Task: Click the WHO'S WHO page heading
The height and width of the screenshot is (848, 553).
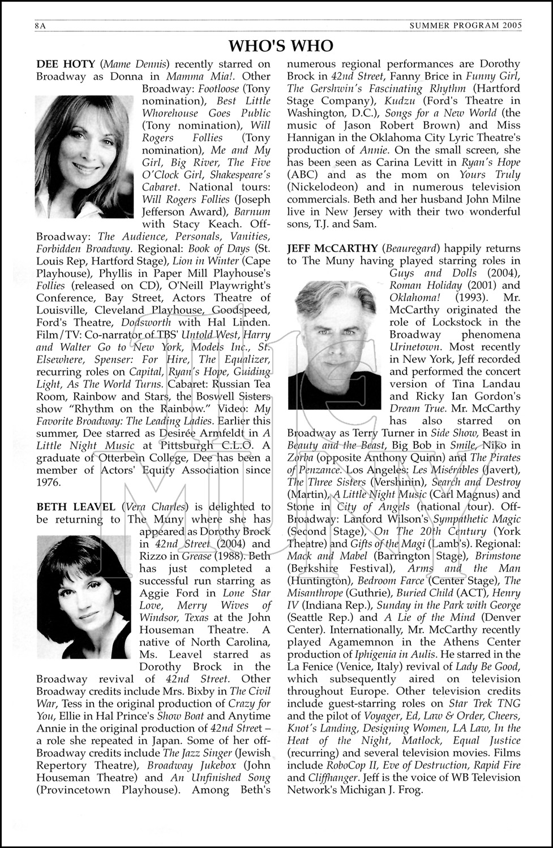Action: tap(281, 45)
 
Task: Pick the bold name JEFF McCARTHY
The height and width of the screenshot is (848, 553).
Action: tap(332, 248)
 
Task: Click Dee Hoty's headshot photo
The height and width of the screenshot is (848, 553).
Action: tap(83, 157)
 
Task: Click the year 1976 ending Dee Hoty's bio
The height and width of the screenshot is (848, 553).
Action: tap(49, 482)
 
